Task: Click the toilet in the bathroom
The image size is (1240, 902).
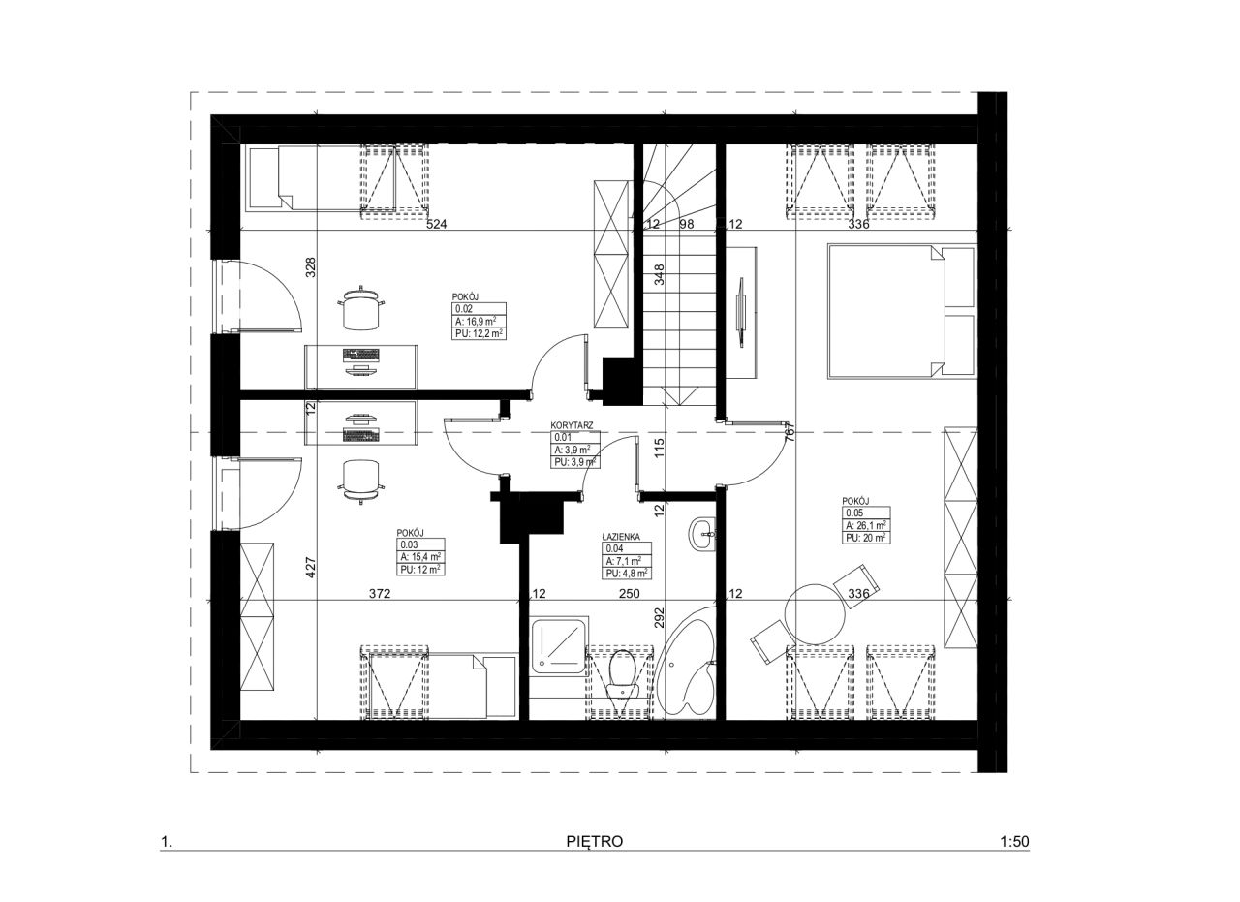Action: (622, 676)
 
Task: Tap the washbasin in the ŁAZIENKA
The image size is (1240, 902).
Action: (702, 535)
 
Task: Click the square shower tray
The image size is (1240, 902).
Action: (558, 646)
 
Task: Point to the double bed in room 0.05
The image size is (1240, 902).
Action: (901, 311)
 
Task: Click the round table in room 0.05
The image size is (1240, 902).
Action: (816, 613)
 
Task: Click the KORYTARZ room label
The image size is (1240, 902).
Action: (572, 425)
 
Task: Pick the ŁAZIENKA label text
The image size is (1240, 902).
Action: (621, 537)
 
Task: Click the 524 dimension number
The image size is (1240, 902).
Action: (436, 224)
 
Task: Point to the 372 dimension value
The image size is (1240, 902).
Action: (380, 594)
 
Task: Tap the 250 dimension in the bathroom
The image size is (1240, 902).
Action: (630, 594)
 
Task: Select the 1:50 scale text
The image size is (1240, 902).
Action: (1014, 842)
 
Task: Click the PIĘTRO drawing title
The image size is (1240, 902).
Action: (595, 842)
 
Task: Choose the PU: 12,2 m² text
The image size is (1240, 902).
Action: (480, 333)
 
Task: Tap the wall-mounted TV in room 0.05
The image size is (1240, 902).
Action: (740, 312)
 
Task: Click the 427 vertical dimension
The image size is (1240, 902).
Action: (311, 568)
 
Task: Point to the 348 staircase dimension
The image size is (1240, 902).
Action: (659, 274)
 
